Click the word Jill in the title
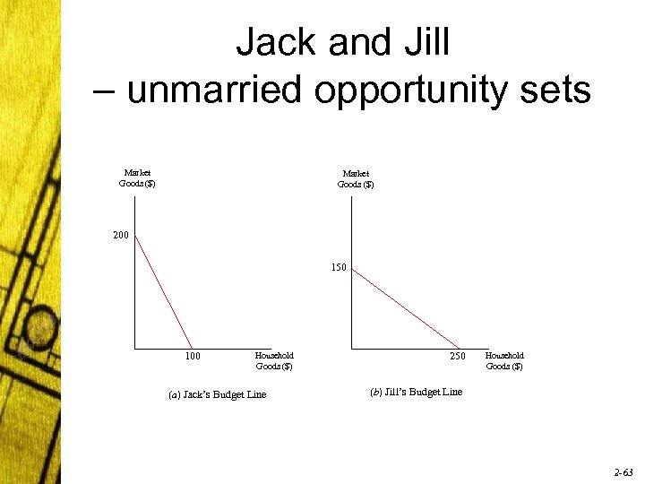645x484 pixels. (420, 42)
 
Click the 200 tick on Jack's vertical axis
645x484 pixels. (122, 236)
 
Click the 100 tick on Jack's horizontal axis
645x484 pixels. (192, 357)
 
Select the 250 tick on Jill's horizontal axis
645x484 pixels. (458, 357)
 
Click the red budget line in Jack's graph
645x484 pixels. (163, 291)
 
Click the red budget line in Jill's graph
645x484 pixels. (405, 307)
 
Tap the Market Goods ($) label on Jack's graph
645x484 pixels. (137, 178)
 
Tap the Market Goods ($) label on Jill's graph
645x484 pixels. (355, 178)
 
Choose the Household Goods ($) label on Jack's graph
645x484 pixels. (274, 361)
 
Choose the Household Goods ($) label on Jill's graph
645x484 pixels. (504, 361)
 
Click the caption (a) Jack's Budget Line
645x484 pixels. (217, 395)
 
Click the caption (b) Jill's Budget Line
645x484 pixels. (417, 392)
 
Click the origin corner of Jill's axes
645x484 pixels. (352, 348)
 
